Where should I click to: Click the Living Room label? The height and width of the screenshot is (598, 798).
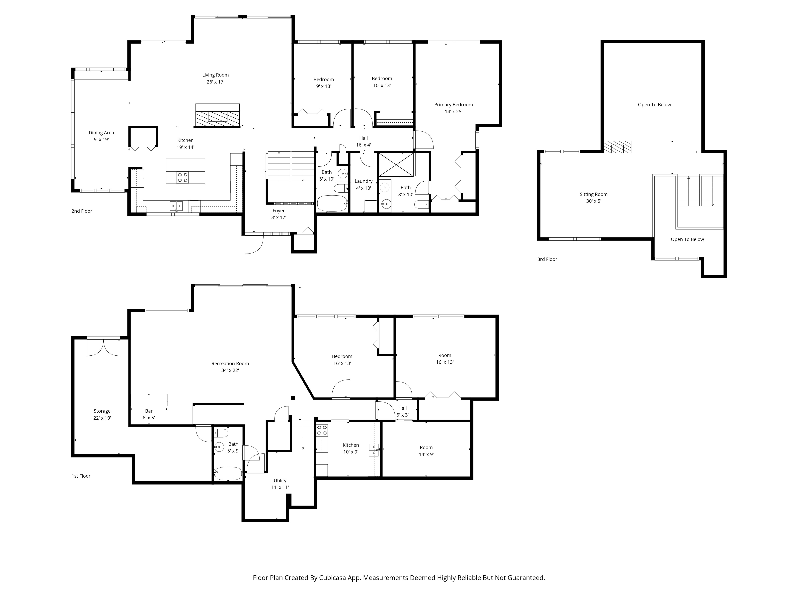click(x=215, y=75)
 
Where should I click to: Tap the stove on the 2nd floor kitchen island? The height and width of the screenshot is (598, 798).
click(x=183, y=177)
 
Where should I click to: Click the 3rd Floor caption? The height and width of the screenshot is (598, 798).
click(x=547, y=259)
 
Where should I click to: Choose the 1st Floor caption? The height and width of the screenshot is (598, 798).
click(x=81, y=476)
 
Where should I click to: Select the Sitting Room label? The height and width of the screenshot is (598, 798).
click(x=594, y=194)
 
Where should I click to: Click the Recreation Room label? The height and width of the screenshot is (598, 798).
click(x=230, y=363)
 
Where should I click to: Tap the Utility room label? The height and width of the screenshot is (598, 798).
click(x=280, y=480)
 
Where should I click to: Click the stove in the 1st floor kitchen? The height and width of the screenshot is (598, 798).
click(x=322, y=430)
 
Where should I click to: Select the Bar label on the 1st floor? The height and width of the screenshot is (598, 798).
click(x=149, y=411)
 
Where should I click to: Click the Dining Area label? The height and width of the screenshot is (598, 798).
click(x=101, y=133)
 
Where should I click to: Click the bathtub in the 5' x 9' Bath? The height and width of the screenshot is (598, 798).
click(x=228, y=473)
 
